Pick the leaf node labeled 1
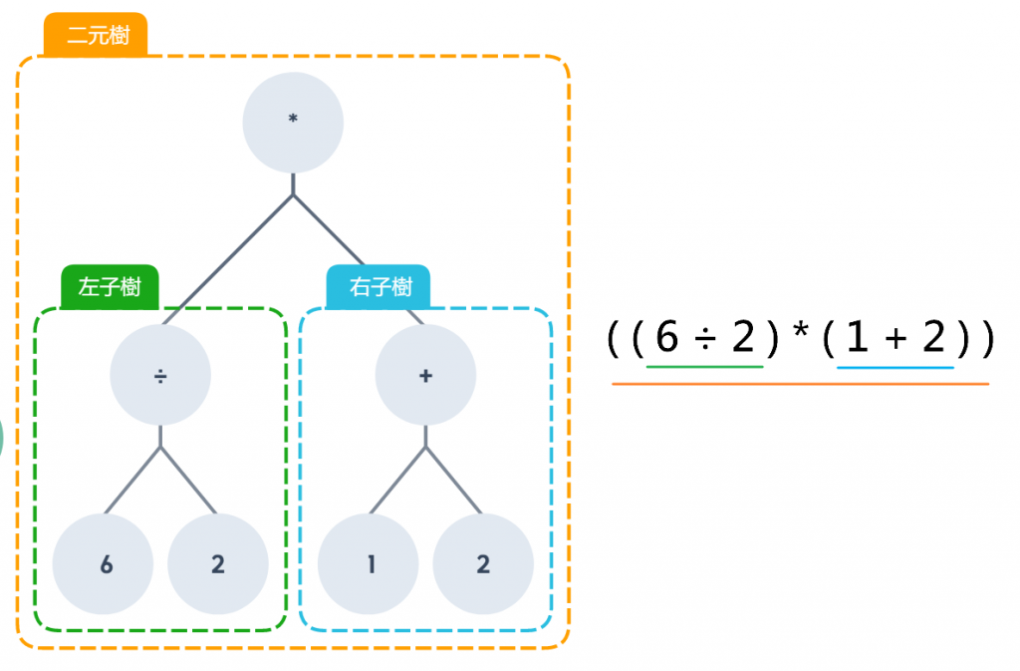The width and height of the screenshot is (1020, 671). pyautogui.click(x=369, y=564)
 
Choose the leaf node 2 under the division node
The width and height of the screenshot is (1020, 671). pyautogui.click(x=218, y=564)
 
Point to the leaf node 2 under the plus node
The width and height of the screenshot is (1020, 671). pyautogui.click(x=483, y=564)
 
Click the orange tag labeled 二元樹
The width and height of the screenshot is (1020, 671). pyautogui.click(x=96, y=36)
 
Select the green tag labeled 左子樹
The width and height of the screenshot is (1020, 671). pyautogui.click(x=110, y=287)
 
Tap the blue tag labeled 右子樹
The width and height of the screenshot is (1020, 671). pyautogui.click(x=380, y=287)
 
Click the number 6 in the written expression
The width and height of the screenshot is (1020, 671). pyautogui.click(x=667, y=340)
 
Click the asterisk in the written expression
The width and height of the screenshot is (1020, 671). pyautogui.click(x=800, y=334)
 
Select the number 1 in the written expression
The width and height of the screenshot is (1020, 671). pyautogui.click(x=856, y=340)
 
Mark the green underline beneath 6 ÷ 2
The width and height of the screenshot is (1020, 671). pyautogui.click(x=704, y=367)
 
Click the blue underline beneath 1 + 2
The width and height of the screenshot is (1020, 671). pyautogui.click(x=894, y=367)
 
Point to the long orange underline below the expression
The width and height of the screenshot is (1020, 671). pyautogui.click(x=800, y=383)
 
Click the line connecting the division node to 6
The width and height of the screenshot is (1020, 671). pyautogui.click(x=133, y=481)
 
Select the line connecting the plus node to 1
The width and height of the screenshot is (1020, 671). pyautogui.click(x=398, y=481)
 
